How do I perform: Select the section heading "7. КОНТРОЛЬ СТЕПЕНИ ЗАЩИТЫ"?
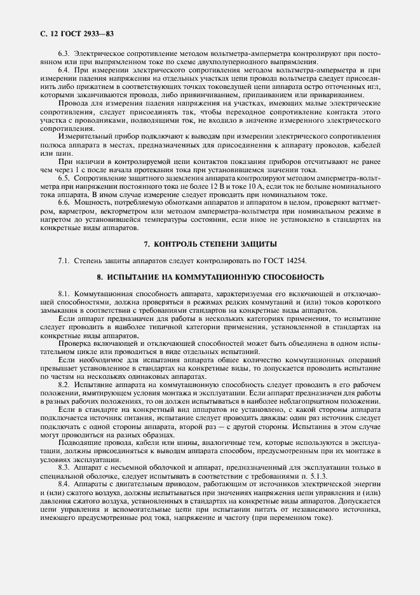[x=210, y=245]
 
